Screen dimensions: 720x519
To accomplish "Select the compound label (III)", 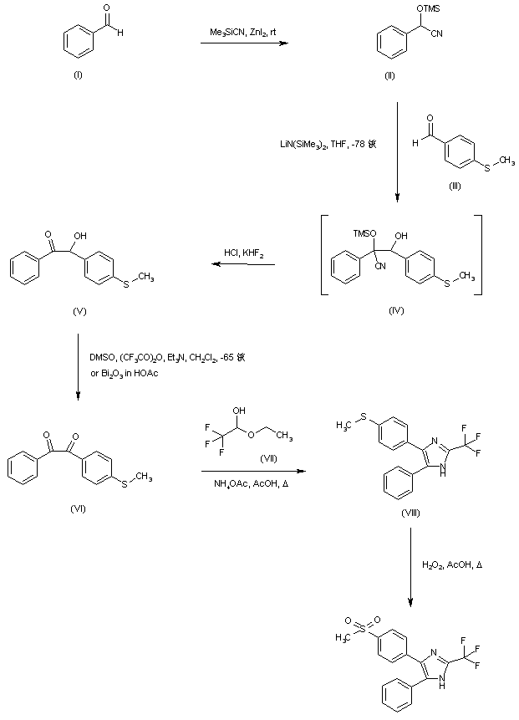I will (455, 186).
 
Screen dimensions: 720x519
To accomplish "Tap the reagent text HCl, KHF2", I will (242, 252).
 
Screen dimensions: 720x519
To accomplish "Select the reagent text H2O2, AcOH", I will (450, 565).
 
